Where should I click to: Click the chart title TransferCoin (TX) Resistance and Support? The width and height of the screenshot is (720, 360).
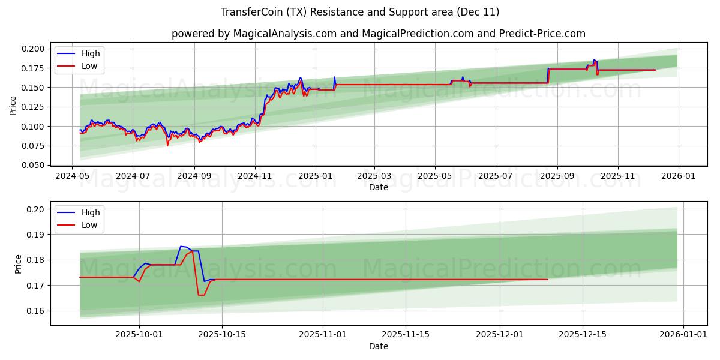360,12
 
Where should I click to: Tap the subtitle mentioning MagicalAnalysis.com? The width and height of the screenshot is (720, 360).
378,34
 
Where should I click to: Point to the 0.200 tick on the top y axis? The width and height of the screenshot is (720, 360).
34,49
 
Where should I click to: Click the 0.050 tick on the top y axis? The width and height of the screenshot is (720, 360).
34,165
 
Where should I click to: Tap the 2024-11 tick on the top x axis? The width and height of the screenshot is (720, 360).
255,176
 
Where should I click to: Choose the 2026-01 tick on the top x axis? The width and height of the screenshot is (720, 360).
679,176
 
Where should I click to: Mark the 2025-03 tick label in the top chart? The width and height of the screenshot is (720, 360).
374,176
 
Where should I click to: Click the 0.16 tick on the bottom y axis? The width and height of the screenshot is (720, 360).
36,311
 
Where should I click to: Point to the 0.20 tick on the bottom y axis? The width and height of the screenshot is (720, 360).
36,209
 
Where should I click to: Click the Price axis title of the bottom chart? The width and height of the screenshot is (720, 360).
18,264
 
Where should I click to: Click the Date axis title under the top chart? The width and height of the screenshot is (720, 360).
378,187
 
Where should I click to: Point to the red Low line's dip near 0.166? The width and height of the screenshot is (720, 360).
201,295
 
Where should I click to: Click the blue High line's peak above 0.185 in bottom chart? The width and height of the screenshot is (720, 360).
181,246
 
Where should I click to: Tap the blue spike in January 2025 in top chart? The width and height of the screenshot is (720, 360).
334,77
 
